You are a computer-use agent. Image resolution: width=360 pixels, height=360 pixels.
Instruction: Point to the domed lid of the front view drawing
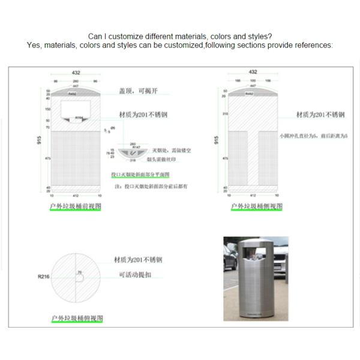pyautogui.click(x=76, y=94)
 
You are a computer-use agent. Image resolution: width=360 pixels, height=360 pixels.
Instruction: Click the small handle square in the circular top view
pyautogui.click(x=79, y=275)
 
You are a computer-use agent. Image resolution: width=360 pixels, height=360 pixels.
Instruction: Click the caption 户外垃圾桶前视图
pyautogui.click(x=76, y=206)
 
